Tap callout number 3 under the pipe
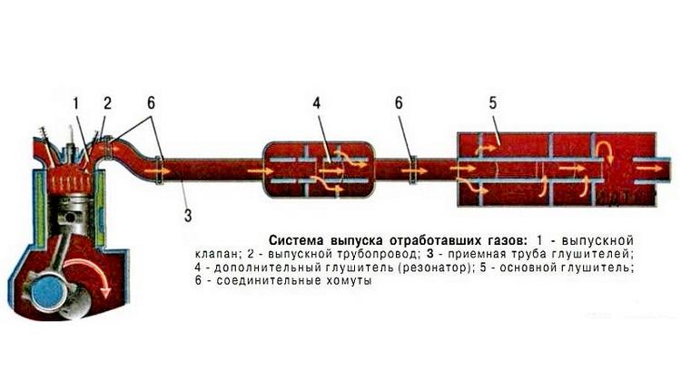188,214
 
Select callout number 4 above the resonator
317,103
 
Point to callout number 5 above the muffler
493,103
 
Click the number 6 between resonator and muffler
399,103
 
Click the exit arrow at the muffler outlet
650,168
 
